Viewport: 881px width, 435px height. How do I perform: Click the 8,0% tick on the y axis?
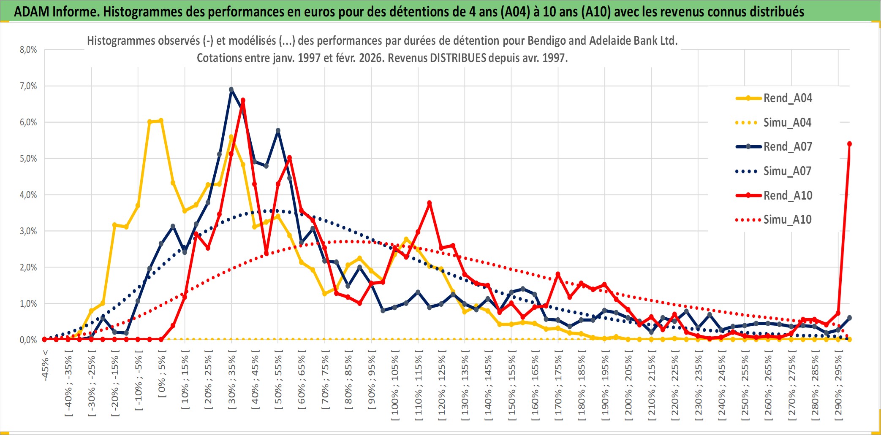click(28, 50)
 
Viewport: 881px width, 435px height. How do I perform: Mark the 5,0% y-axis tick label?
click(28, 159)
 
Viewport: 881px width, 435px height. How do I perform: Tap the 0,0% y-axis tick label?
click(28, 340)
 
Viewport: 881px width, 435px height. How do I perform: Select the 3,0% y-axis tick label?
click(28, 231)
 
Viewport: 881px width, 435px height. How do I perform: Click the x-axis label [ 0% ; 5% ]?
click(162, 376)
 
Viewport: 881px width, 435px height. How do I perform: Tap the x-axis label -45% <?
click(45, 365)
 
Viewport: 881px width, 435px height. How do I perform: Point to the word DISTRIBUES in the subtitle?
click(458, 58)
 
